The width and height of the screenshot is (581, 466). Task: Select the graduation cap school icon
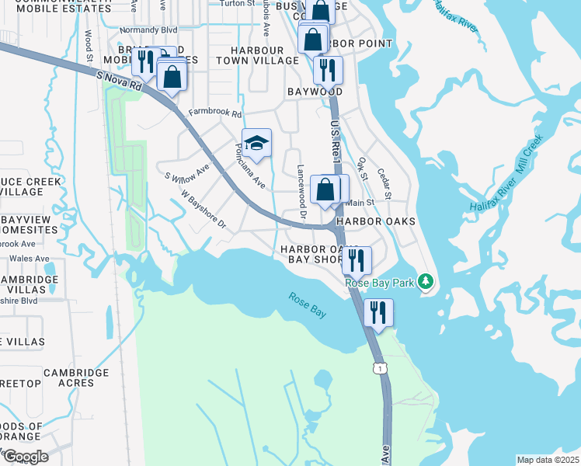[256, 144]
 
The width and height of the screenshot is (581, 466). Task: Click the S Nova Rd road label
[120, 81]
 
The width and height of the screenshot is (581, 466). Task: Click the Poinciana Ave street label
[251, 166]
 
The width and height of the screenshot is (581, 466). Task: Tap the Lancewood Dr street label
[302, 191]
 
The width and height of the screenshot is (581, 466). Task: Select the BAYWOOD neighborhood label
[315, 92]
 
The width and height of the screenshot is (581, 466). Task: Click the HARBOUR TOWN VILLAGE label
[257, 54]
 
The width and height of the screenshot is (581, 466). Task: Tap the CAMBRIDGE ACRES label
[76, 377]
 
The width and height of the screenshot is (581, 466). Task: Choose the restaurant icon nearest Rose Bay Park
[356, 260]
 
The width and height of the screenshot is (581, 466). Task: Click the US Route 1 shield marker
[378, 367]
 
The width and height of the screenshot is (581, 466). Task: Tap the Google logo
[25, 456]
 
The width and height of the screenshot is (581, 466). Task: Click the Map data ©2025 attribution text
[548, 460]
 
